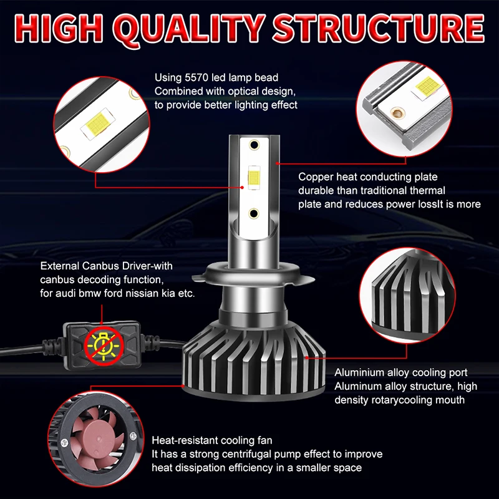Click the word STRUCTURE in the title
click(379, 27)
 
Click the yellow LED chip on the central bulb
click(254, 179)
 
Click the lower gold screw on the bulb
click(254, 213)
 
